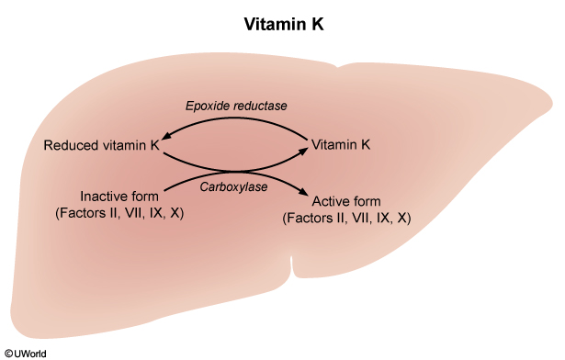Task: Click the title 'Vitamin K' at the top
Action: coord(284,24)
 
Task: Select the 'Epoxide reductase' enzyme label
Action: coord(236,106)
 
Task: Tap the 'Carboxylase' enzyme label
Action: coord(233,186)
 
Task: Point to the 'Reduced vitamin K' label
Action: coord(101,145)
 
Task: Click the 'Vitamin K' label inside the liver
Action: coord(341,145)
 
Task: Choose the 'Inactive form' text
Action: coord(119,197)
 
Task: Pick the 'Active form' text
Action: coord(346,201)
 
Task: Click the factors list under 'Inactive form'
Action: coord(119,213)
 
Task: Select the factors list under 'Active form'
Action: coord(346,218)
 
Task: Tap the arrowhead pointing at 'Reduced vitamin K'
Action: coord(165,136)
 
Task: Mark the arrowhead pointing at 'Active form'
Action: coord(304,192)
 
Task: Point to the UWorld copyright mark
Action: coord(25,354)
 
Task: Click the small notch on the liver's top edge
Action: coord(338,67)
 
